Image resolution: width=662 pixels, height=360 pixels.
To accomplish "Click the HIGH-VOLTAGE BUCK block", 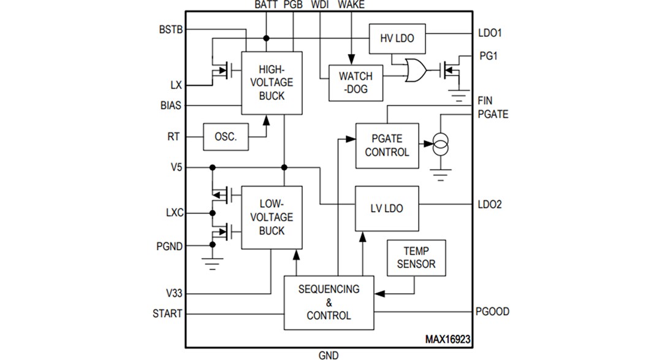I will (272, 83).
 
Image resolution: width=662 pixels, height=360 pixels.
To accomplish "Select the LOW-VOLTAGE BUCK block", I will (272, 217).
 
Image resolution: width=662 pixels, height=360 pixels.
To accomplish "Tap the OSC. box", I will (226, 137).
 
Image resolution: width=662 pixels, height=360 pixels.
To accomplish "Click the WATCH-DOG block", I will (356, 83).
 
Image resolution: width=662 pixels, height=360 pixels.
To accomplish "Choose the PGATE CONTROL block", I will (387, 146).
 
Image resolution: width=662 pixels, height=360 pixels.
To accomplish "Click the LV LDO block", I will (387, 209).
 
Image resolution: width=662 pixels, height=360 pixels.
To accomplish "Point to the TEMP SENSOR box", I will (416, 258).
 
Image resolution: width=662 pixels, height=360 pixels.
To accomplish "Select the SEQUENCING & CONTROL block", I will (329, 302).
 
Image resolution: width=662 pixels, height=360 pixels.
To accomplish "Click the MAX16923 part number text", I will (448, 339).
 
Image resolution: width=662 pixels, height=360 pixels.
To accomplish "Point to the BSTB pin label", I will (170, 29).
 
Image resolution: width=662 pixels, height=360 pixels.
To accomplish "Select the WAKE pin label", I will (351, 5).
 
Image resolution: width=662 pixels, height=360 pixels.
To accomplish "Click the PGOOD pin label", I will (492, 312).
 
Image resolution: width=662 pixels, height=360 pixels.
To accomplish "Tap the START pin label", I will (167, 313).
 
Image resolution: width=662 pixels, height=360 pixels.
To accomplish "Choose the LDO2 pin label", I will (490, 205).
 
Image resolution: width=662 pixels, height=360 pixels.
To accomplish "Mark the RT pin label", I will (174, 137).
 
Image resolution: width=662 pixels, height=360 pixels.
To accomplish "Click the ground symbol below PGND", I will (213, 265).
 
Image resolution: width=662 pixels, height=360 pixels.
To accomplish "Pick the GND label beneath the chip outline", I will (329, 354).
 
